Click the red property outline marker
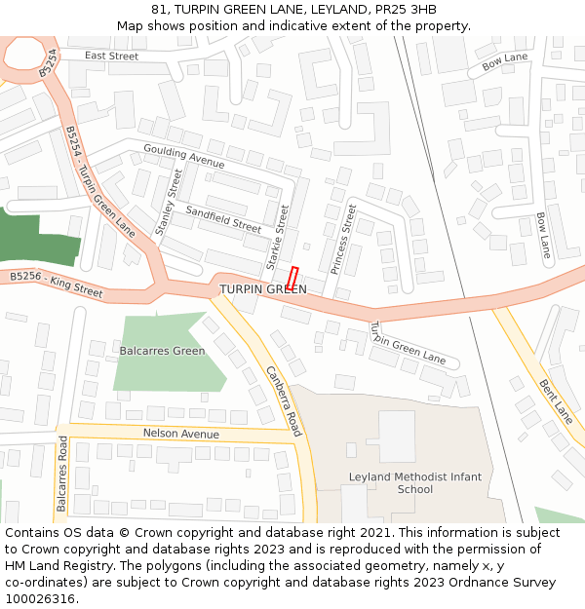point(292,277)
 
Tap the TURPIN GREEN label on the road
point(263,289)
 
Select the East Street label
point(111,57)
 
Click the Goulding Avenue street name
point(183,155)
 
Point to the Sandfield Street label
point(223,218)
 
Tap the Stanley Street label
point(169,202)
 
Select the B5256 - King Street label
point(56,284)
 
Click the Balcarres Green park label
point(162,351)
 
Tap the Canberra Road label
point(283,400)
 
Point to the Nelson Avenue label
point(180,434)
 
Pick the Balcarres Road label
point(61,475)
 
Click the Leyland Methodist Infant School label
point(414,482)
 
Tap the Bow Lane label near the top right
point(505,62)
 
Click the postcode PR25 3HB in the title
point(399,10)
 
